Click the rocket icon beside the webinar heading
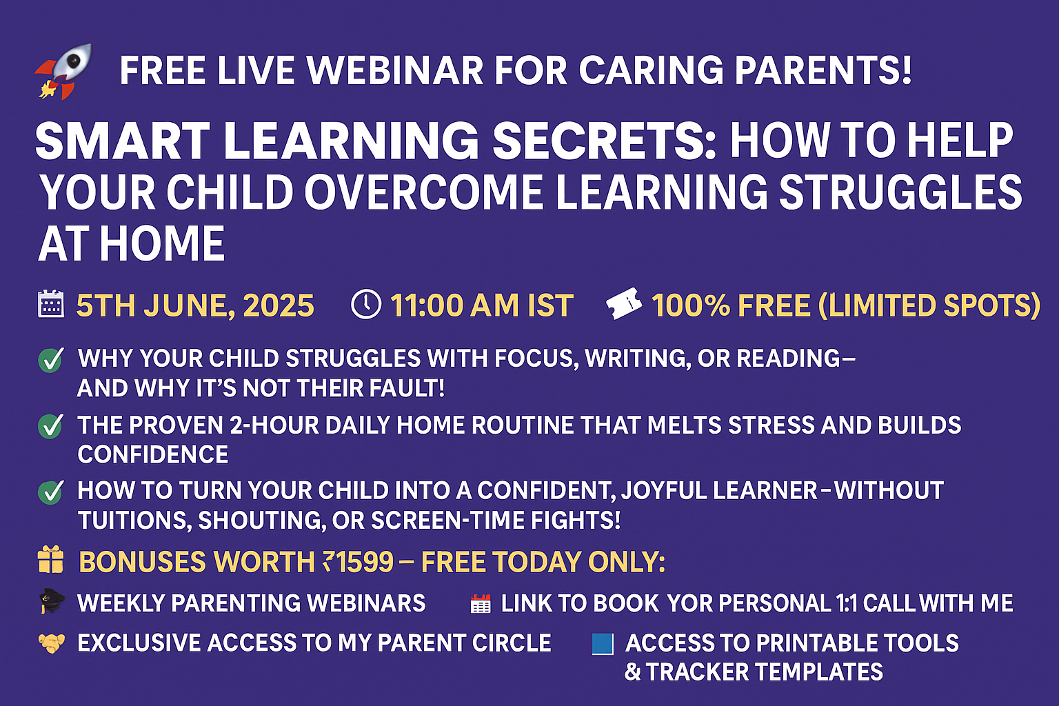[x=63, y=71]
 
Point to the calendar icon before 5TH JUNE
[x=50, y=303]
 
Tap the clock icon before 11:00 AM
[x=366, y=305]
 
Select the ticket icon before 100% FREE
[x=624, y=304]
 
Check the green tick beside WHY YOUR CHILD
[x=51, y=361]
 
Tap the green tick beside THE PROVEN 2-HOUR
[x=51, y=426]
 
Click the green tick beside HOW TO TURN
[x=51, y=492]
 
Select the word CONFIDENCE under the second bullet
[x=152, y=454]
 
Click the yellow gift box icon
[x=50, y=560]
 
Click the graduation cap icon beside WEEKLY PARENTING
[x=52, y=601]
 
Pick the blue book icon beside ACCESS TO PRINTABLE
[x=603, y=644]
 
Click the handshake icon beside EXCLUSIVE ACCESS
[x=51, y=644]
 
